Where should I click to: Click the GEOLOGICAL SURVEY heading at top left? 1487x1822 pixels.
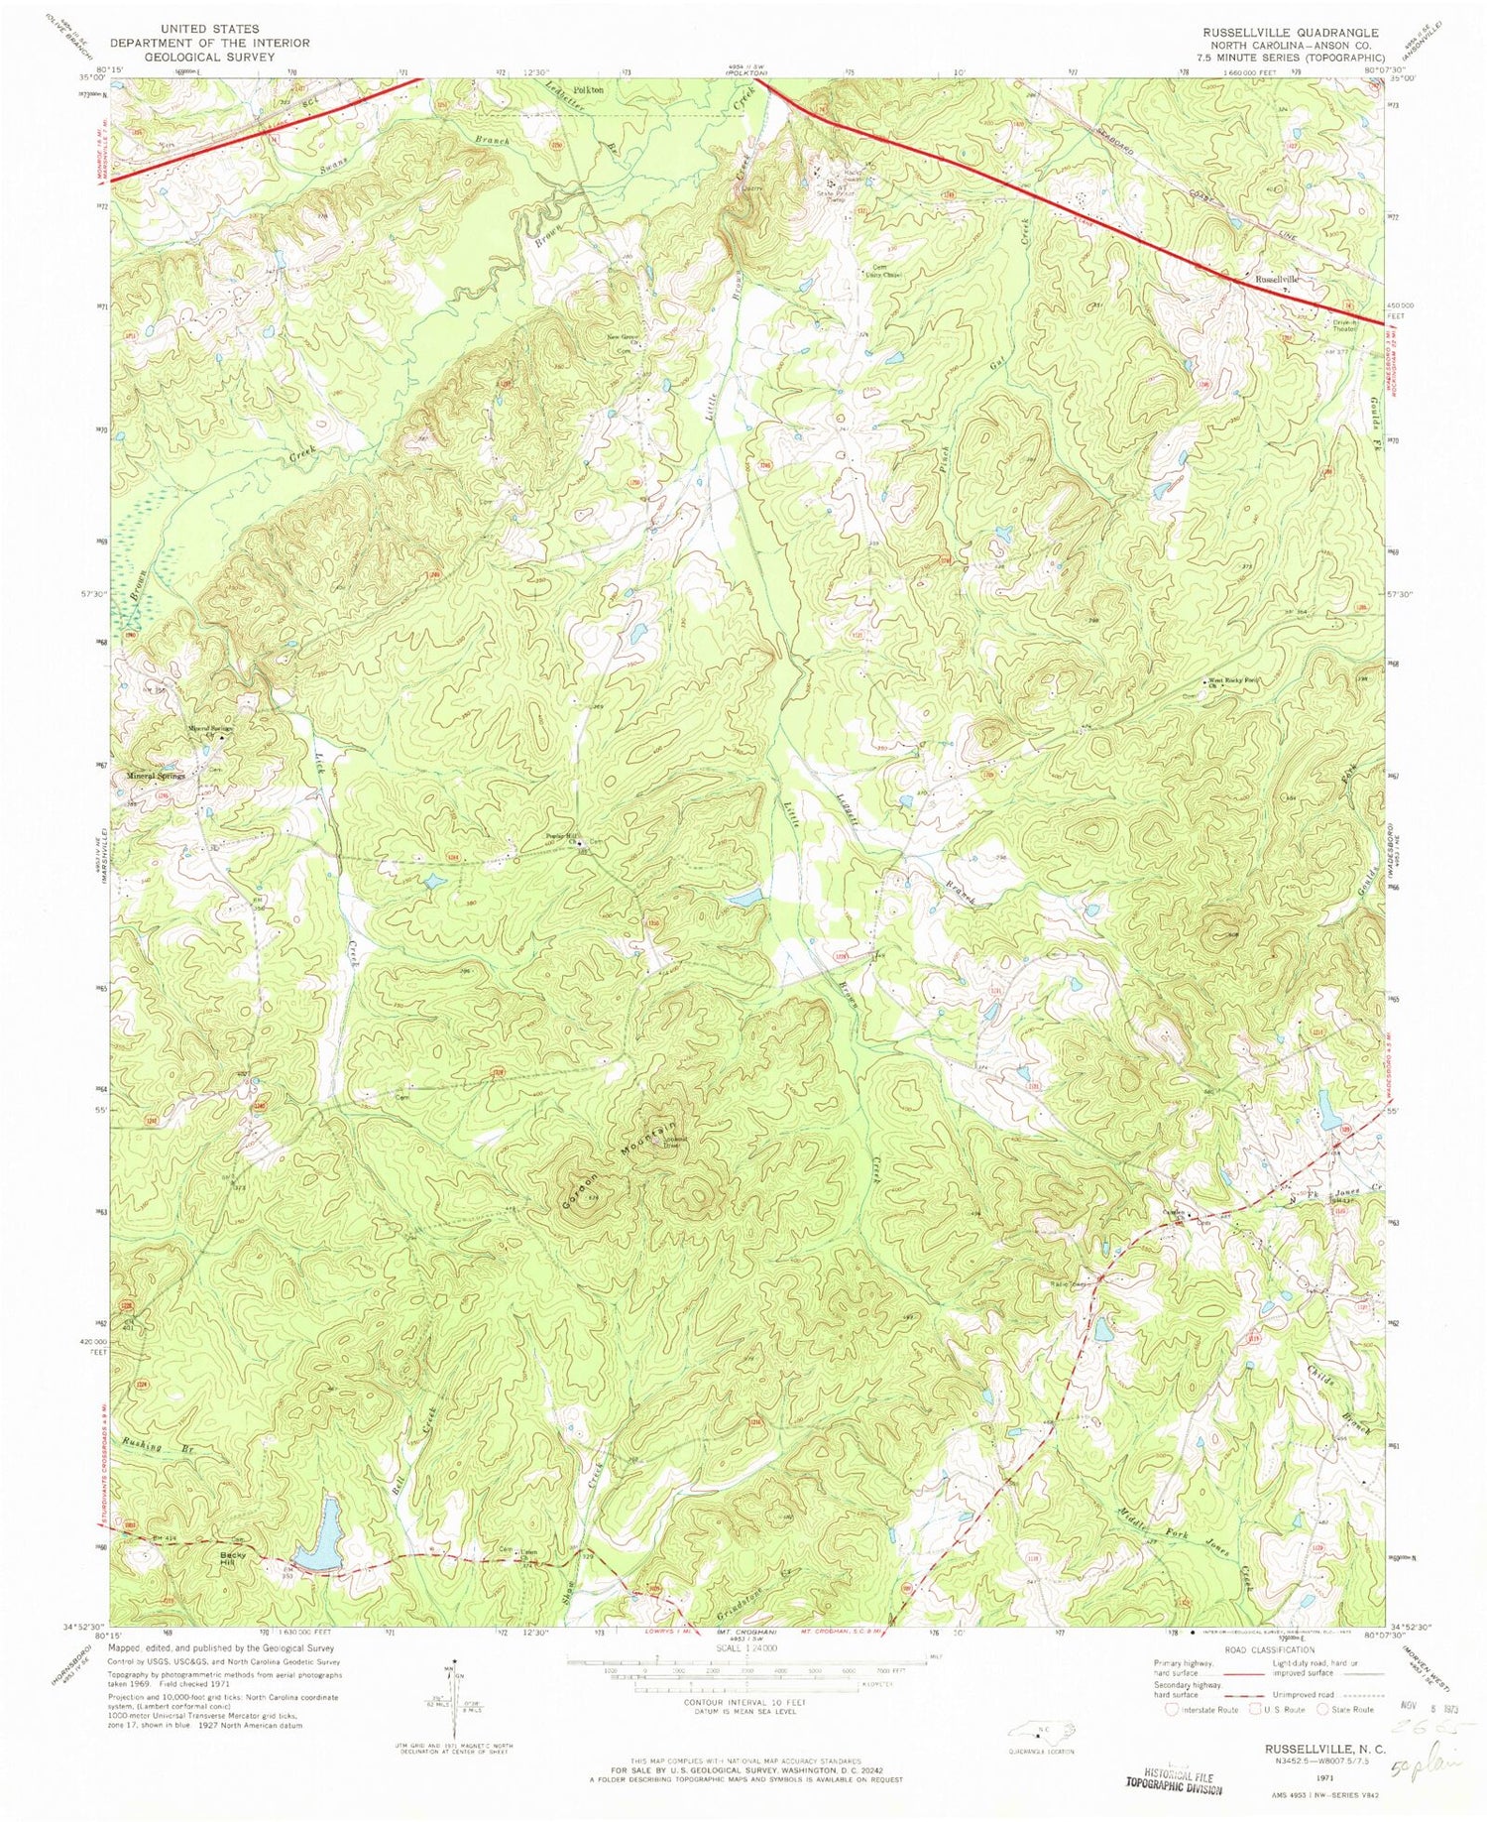tap(209, 58)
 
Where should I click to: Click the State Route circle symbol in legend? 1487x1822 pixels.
tap(1323, 1709)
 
